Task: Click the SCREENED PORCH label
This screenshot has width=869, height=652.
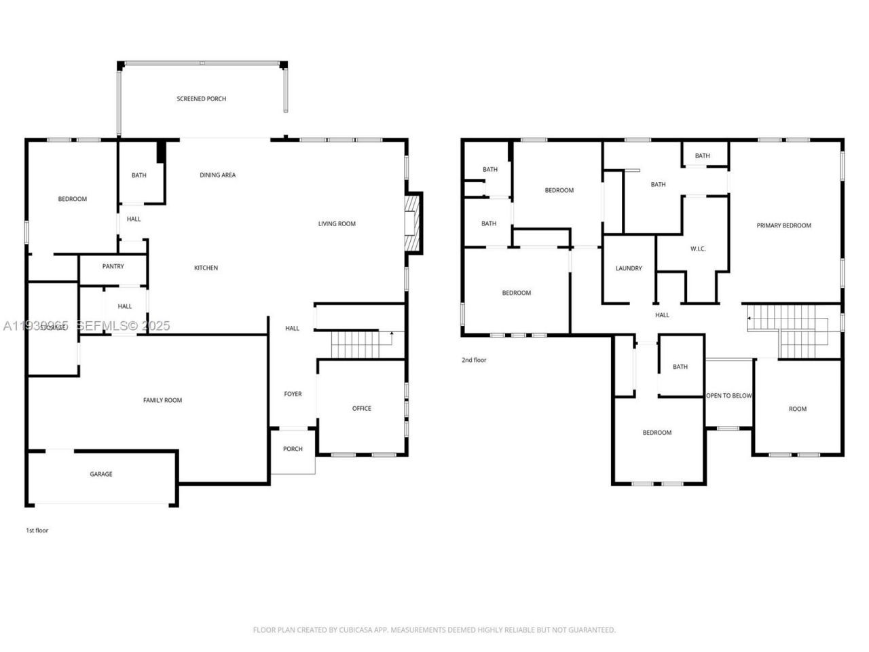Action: coord(202,99)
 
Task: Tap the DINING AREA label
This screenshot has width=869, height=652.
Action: coord(218,175)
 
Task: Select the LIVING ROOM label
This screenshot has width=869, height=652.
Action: coord(337,224)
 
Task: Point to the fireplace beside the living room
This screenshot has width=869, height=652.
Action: coord(412,223)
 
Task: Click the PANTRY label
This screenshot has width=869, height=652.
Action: coord(113,267)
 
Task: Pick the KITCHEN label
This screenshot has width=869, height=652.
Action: coord(206,268)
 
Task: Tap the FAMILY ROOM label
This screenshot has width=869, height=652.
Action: coord(163,401)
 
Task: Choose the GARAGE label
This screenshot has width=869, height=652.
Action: coord(101,475)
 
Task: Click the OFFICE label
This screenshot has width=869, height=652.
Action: coord(362,409)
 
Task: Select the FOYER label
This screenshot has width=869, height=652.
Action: coord(293,395)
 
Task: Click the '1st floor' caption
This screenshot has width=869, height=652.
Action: coord(37,530)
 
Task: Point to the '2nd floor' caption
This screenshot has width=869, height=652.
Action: coord(474,361)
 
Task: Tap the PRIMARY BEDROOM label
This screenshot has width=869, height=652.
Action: coord(784,226)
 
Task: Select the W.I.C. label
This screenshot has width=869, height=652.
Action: coord(698,249)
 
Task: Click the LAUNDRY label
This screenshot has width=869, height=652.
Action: coord(629,269)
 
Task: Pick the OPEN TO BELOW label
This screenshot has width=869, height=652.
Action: coord(729,396)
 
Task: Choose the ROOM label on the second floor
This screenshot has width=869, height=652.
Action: coord(798,410)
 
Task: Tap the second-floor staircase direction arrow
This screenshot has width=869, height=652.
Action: coord(750,317)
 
